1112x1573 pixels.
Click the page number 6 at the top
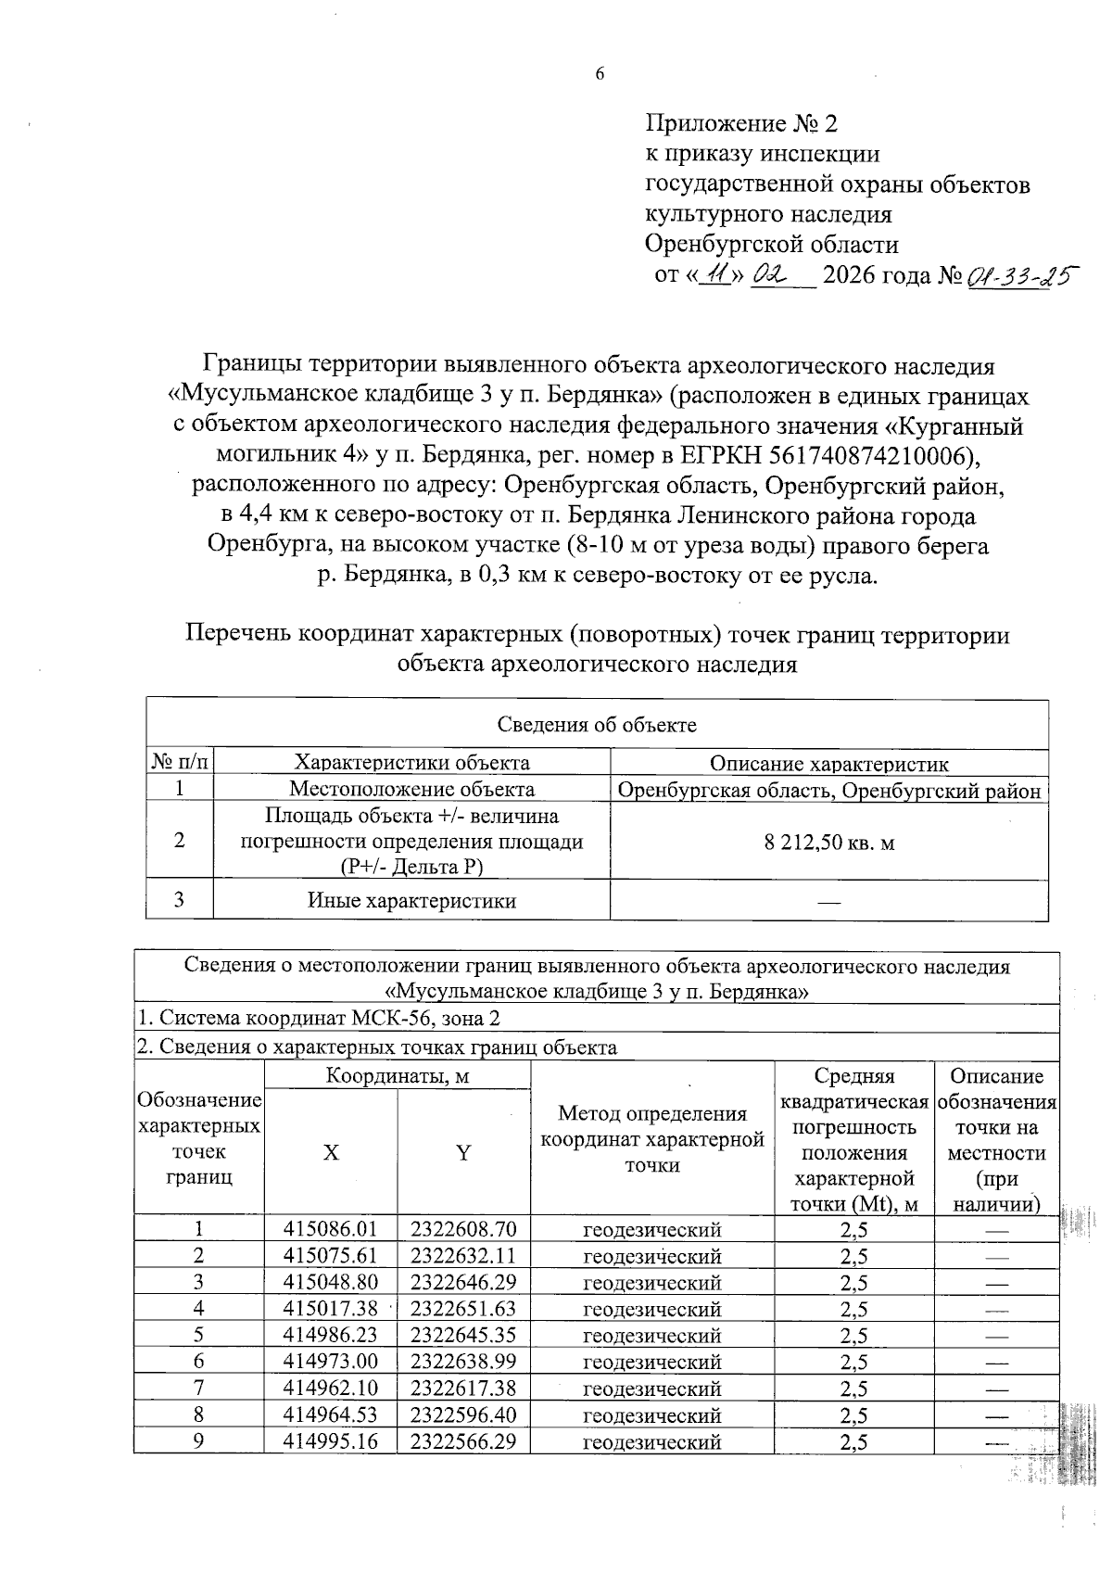tap(600, 74)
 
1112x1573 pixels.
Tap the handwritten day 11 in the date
tap(714, 275)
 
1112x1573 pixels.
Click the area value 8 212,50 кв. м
tap(828, 843)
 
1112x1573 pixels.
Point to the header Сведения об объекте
tap(597, 725)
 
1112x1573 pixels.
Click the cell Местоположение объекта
tap(411, 790)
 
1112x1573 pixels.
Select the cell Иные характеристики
tap(411, 901)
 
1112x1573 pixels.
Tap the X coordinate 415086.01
tap(331, 1230)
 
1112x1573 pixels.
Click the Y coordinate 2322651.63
tap(463, 1309)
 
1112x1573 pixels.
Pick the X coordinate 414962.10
tap(331, 1389)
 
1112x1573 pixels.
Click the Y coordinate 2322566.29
tap(463, 1442)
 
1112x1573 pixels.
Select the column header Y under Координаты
tap(463, 1152)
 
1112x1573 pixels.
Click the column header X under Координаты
tap(331, 1152)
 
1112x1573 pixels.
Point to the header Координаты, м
tap(398, 1076)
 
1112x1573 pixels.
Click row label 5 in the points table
tap(198, 1336)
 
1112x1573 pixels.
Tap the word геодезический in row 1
tap(651, 1230)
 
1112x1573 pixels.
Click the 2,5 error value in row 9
tap(853, 1442)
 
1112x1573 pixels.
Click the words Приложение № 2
tap(740, 123)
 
